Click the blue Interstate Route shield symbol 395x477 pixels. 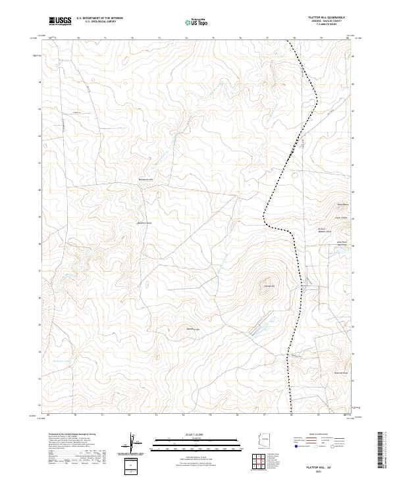(x=298, y=446)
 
